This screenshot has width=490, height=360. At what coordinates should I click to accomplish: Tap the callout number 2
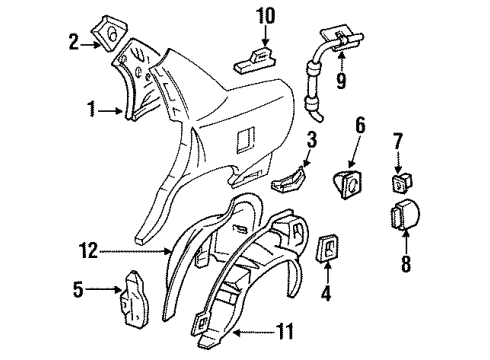point(73,40)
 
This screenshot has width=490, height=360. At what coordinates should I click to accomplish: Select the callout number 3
point(312,138)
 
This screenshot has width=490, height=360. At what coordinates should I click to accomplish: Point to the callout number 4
point(326,296)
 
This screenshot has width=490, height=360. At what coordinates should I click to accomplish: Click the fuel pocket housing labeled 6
point(354,184)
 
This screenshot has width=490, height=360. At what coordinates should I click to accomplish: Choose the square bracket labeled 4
point(327,254)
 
